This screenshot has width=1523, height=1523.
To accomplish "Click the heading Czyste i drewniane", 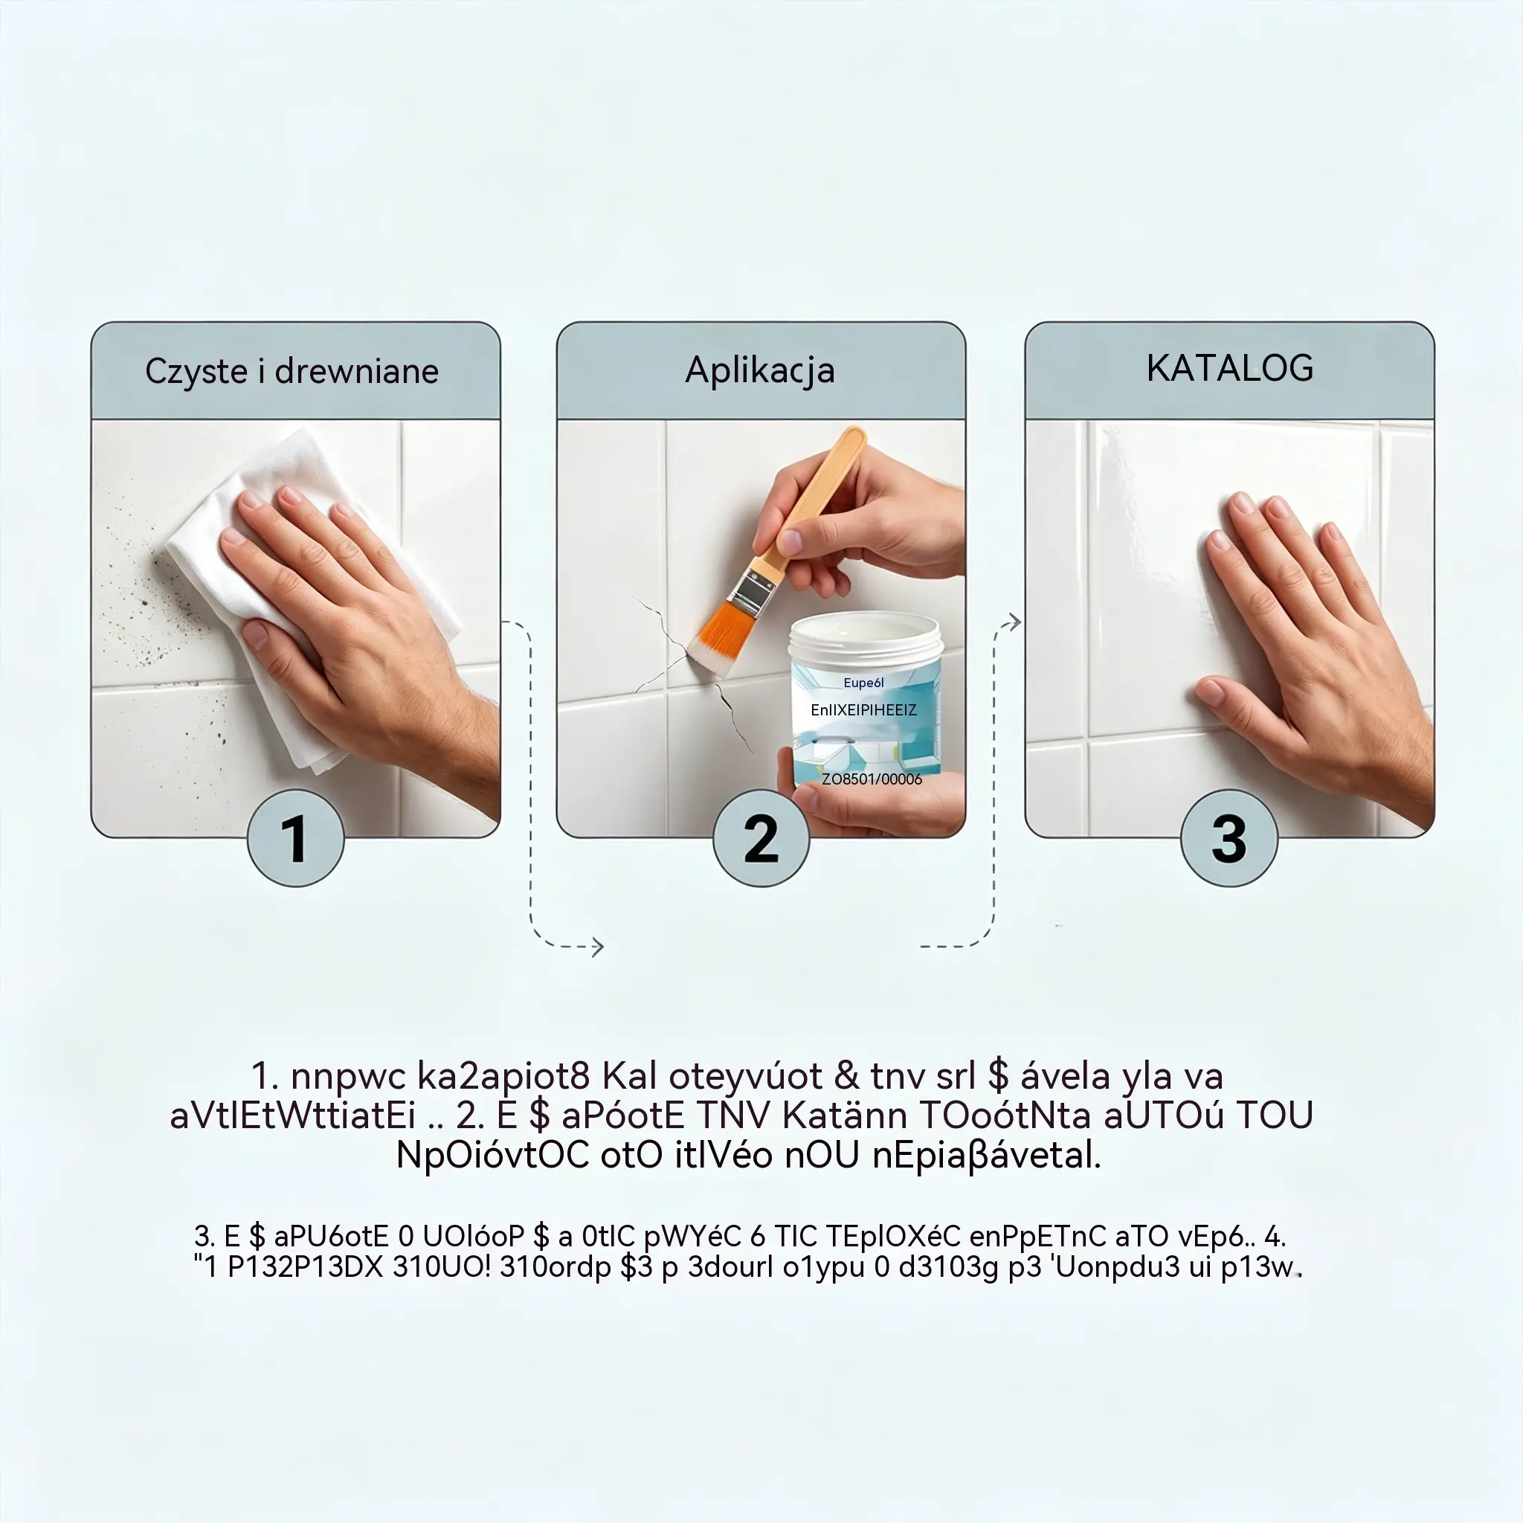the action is [292, 371].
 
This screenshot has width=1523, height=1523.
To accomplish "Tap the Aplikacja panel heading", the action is [760, 370].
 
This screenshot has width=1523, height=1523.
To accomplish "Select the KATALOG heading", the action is [1230, 368].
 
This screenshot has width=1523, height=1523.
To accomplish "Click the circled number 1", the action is [296, 838].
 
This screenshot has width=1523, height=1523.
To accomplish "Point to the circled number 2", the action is [761, 838].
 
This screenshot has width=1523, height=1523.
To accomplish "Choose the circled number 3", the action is [1229, 838].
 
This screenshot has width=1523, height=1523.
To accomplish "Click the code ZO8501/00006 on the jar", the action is [871, 779].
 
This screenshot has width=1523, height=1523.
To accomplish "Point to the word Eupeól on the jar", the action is [863, 683].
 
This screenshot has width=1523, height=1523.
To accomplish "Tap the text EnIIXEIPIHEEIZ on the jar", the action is [863, 710].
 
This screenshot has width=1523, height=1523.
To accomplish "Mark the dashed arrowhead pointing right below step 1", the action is [598, 947].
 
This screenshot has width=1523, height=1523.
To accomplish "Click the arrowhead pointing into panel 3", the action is [1014, 622].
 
